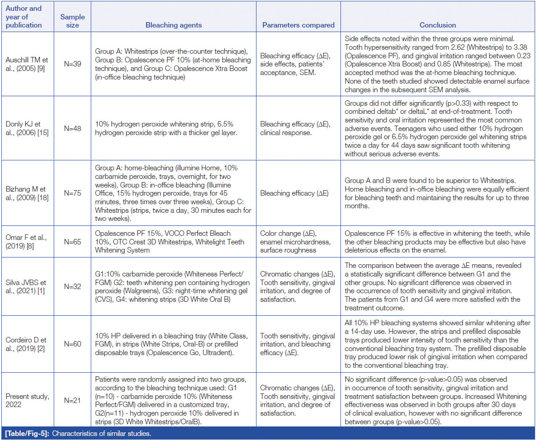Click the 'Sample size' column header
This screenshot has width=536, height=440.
[72, 21]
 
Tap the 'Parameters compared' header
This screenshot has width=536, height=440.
[298, 25]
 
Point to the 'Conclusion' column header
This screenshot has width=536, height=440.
[438, 25]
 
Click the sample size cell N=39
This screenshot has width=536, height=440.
[72, 64]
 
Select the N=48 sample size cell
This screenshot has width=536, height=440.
[72, 128]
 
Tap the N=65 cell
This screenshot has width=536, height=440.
[72, 242]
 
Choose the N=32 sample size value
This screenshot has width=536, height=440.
[72, 286]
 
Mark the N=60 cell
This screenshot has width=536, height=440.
[72, 344]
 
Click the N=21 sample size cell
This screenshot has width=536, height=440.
[72, 400]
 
